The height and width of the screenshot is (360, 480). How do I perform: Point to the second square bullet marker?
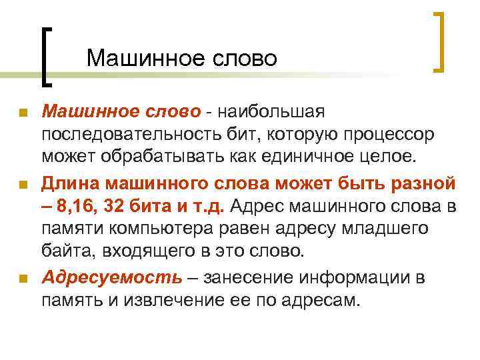[x=23, y=184]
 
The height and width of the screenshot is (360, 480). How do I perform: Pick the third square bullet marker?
[x=23, y=278]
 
